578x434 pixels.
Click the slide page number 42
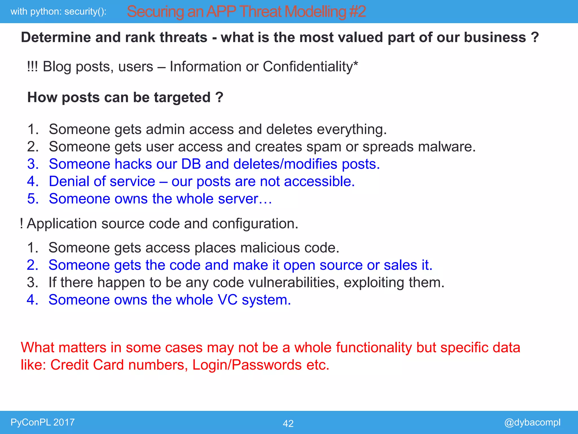coord(288,423)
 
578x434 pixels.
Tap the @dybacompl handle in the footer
coord(532,422)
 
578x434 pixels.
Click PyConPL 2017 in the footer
coord(43,422)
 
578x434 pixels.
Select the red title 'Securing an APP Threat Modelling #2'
coord(246,12)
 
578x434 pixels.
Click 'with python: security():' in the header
coord(58,12)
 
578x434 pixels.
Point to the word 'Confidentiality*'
coord(310,67)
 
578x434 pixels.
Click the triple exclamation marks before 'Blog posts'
coord(32,67)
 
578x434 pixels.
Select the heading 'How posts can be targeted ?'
coord(125,97)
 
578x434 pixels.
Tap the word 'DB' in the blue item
coord(191,164)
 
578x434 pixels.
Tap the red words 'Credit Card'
coord(87,365)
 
